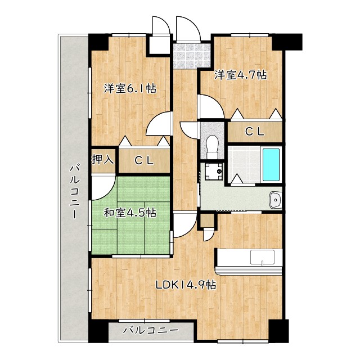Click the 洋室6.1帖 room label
tap(129, 88)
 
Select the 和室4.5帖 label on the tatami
tap(130, 213)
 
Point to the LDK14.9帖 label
tap(186, 285)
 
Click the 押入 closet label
tap(103, 160)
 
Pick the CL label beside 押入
tap(144, 160)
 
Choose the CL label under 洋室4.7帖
tap(254, 132)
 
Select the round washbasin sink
tap(276, 199)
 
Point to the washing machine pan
tap(213, 171)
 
